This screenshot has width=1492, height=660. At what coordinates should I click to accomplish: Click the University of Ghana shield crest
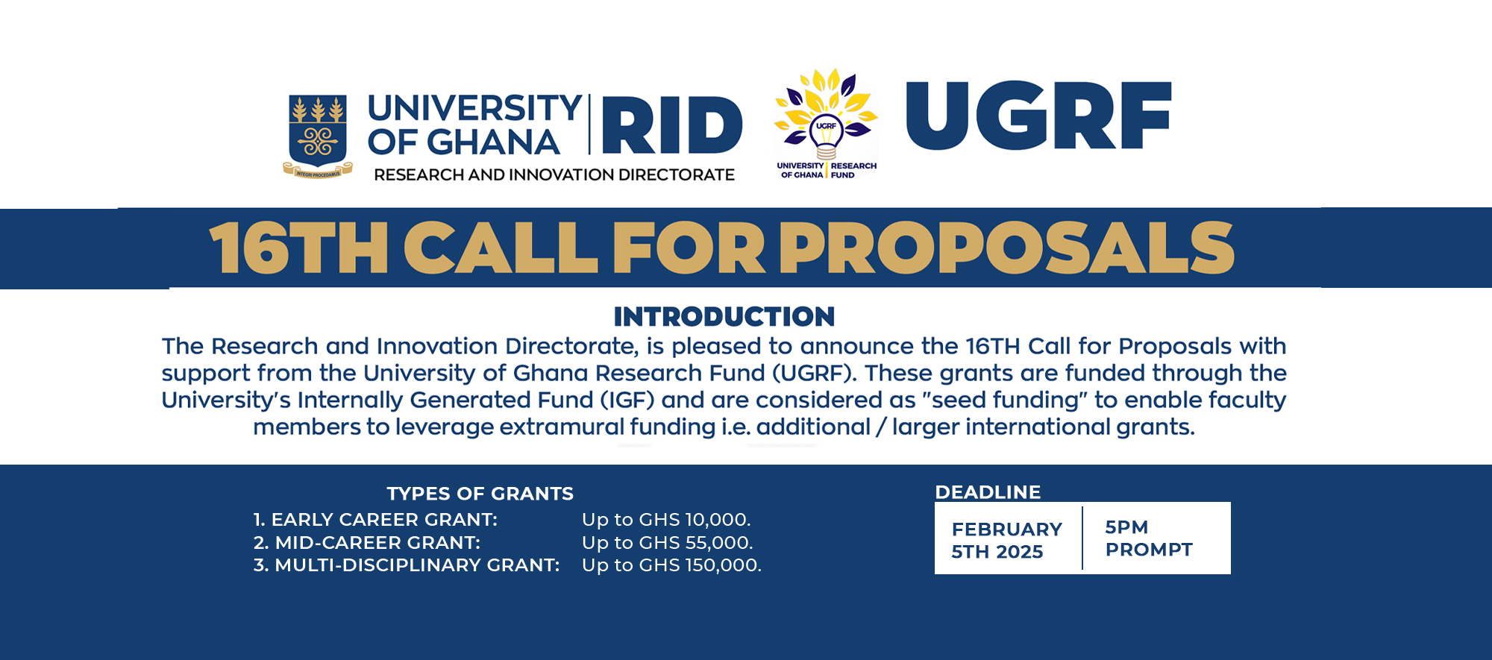tap(318, 134)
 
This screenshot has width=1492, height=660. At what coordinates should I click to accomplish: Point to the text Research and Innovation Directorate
tap(554, 175)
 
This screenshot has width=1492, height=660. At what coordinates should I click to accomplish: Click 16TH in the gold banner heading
tap(298, 248)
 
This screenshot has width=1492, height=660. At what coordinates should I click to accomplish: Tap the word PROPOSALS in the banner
tap(1007, 248)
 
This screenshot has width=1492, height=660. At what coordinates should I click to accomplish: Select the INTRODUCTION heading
tap(724, 316)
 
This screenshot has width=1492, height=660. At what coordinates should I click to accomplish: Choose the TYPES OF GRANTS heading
tap(480, 494)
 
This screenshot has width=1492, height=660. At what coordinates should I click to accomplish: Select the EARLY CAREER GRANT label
tap(375, 520)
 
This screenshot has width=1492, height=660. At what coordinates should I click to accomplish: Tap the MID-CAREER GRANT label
tap(367, 543)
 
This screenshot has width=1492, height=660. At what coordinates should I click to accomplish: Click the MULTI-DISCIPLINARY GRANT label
tap(407, 565)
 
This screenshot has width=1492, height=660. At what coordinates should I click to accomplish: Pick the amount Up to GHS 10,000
tap(666, 520)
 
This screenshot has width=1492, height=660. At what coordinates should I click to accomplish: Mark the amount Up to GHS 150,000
tap(671, 565)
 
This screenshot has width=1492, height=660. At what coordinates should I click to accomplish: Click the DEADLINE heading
tap(988, 492)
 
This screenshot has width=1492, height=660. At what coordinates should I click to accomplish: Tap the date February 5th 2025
tap(1006, 540)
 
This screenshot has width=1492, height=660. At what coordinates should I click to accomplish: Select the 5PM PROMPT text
tap(1148, 538)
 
